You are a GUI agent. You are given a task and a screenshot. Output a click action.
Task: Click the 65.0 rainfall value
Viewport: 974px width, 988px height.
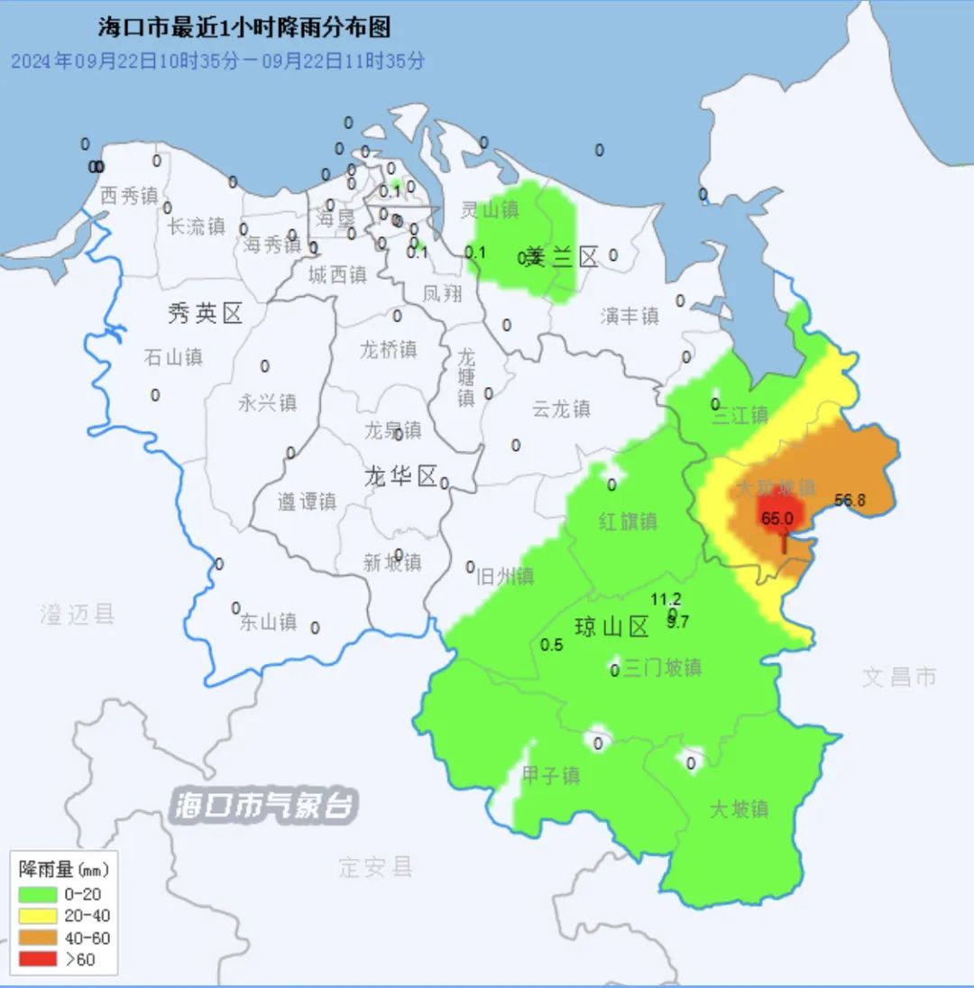(x=776, y=519)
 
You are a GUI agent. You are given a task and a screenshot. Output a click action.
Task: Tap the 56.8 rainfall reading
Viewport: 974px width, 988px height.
(x=850, y=501)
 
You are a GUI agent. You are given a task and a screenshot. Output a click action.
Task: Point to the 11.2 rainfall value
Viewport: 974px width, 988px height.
(x=666, y=599)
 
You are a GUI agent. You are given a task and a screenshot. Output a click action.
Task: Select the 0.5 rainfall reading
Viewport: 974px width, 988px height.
(x=551, y=645)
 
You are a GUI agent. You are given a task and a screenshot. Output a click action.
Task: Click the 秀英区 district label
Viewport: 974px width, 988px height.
(x=206, y=314)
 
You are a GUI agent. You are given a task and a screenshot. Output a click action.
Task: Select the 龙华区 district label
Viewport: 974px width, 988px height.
(x=400, y=476)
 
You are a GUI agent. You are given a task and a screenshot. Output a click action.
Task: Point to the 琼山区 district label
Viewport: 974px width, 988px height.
(x=612, y=627)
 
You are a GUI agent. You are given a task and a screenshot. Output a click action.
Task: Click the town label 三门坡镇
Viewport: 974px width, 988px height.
(x=662, y=668)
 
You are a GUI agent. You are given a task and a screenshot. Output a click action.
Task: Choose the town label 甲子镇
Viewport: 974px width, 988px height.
(x=551, y=775)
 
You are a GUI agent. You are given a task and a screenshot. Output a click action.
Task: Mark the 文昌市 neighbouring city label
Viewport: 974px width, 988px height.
(x=899, y=677)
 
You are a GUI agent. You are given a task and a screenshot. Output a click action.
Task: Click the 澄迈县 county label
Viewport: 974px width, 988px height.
(x=78, y=615)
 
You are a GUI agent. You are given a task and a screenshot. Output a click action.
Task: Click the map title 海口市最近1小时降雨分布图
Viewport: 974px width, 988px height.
(x=244, y=28)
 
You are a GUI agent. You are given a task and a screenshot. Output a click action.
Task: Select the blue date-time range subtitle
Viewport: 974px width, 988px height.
(x=217, y=61)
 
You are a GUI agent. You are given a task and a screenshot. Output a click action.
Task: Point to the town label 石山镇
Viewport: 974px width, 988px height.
(x=173, y=356)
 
